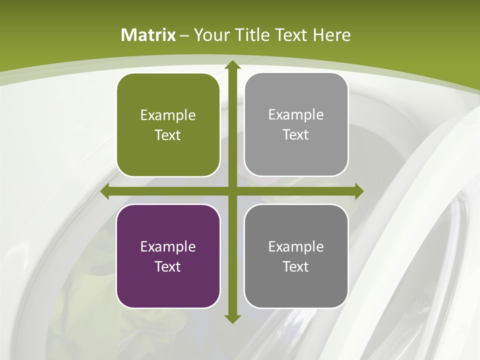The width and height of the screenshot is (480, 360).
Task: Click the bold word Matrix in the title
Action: click(x=148, y=35)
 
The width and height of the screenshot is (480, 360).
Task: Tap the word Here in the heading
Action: click(x=332, y=35)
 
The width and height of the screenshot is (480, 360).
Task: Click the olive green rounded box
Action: click(x=168, y=125)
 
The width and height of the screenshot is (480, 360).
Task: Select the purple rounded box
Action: click(x=168, y=256)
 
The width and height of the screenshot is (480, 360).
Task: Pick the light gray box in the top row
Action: click(x=296, y=124)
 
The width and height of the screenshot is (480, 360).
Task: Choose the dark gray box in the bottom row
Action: click(x=296, y=256)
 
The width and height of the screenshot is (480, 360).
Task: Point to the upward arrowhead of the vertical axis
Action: click(x=232, y=65)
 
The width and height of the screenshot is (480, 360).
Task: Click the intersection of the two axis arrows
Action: click(x=232, y=191)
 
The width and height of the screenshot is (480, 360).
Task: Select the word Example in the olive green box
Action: click(x=168, y=115)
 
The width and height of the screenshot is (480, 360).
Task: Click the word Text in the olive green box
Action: click(x=168, y=135)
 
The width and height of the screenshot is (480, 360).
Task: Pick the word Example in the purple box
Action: click(x=168, y=246)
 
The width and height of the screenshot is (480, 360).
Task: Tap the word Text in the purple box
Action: click(x=168, y=266)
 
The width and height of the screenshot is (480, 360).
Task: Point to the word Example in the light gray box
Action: click(x=296, y=115)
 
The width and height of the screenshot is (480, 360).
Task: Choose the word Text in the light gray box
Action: click(x=296, y=135)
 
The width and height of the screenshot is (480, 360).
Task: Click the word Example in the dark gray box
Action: click(x=296, y=246)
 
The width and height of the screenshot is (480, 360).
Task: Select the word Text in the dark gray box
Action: click(x=296, y=266)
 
